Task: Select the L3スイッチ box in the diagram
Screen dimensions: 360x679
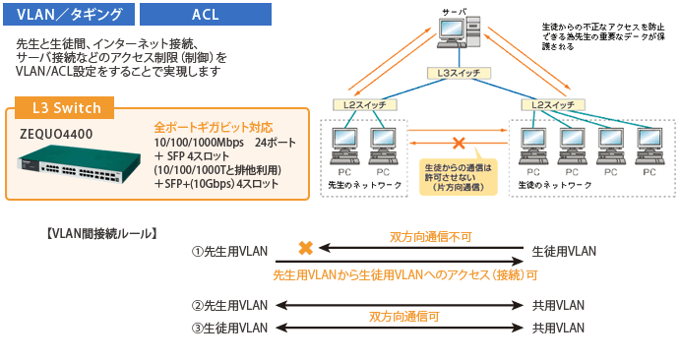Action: pos(460,73)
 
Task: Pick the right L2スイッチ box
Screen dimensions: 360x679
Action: pos(552,104)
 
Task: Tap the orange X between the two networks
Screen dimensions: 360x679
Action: pos(458,143)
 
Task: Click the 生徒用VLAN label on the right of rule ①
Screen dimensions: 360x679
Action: pos(564,251)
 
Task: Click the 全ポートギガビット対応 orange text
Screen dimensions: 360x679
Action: pos(213,127)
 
